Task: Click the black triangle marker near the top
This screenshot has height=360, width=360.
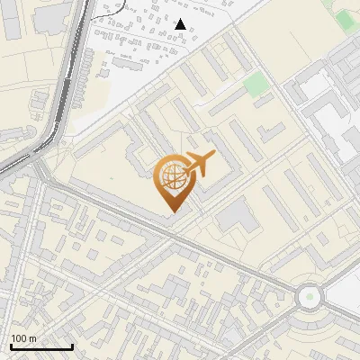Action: click(x=181, y=24)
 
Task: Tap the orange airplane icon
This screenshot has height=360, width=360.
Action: click(x=199, y=163)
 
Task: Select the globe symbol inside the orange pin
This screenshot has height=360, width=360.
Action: click(x=171, y=177)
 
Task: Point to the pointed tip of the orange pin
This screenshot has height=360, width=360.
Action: click(x=172, y=212)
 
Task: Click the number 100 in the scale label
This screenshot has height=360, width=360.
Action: click(x=19, y=338)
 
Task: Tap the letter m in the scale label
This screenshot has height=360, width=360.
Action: click(x=32, y=338)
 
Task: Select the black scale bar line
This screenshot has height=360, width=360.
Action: click(x=41, y=346)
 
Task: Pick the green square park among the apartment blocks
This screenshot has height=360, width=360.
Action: click(x=256, y=85)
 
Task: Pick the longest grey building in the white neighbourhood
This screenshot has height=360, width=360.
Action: click(x=135, y=63)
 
